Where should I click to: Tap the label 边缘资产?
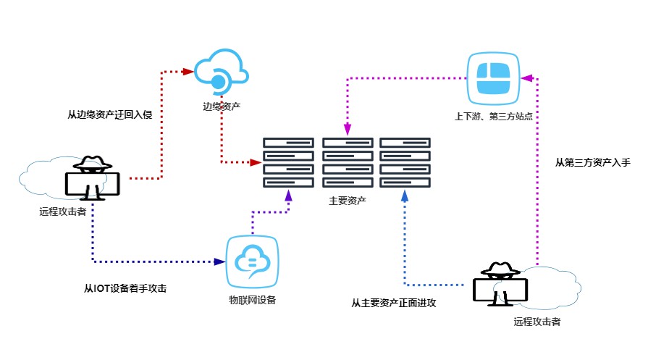point(222,106)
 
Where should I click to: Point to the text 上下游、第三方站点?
point(494,115)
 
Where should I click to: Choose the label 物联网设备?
point(252,300)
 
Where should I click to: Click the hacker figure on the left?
point(92,178)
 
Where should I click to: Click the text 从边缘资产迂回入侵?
point(109,114)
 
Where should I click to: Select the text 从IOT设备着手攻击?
point(126,288)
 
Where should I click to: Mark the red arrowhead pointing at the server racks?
point(255,162)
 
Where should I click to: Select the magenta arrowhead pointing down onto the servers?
point(348,130)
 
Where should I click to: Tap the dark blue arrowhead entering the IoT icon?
point(219,261)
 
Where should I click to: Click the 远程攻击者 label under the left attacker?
point(63,212)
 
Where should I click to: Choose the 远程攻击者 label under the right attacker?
point(537,322)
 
